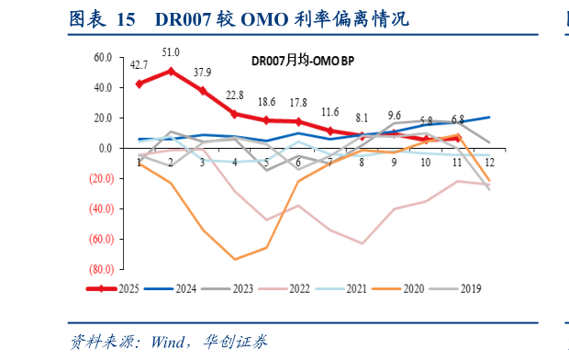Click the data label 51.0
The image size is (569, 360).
pos(171,52)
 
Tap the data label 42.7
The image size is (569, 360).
pos(139,65)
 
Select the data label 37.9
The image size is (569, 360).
pos(202,73)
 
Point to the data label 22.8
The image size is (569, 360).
pos(235,95)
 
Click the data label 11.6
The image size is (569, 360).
pos(330,112)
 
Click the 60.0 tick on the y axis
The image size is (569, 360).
pos(103,57)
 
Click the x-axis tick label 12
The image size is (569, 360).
pos(488,163)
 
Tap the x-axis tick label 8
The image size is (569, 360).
pos(362,163)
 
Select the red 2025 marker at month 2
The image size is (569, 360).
pos(171,71)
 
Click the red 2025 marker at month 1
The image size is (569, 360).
pos(139,84)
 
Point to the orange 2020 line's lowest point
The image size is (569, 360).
pos(235,259)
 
